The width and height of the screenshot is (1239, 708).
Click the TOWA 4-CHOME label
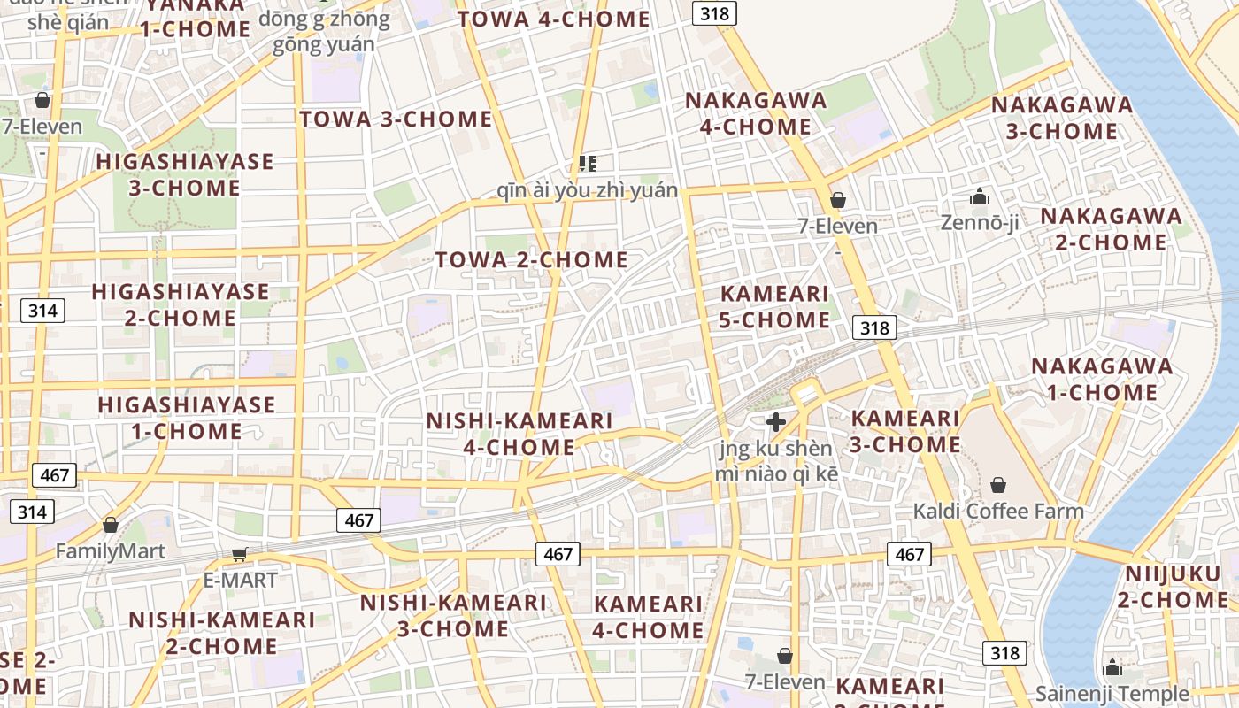tap(554, 19)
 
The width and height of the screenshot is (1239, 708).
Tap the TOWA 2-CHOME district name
tap(531, 259)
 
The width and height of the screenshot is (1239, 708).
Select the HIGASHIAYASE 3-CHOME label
tap(185, 174)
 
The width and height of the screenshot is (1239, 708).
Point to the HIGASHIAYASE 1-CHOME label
tap(186, 418)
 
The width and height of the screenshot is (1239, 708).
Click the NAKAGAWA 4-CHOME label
tap(756, 113)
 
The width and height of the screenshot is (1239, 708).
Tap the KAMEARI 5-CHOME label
tap(774, 306)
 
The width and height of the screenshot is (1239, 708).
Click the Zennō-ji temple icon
tap(979, 196)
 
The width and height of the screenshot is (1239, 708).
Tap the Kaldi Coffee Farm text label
tap(998, 511)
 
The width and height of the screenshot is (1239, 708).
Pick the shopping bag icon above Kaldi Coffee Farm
tap(998, 485)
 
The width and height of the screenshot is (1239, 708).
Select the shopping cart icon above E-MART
tap(239, 554)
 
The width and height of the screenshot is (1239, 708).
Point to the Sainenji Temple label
tap(1112, 693)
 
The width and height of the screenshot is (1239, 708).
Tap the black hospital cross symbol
tap(775, 422)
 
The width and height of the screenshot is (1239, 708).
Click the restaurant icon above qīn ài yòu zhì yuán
tap(587, 163)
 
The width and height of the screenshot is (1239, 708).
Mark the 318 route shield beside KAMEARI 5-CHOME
tap(874, 327)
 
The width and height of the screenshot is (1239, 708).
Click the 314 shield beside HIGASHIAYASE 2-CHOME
tap(42, 310)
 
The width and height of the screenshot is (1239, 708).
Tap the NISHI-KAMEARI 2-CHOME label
tap(221, 633)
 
